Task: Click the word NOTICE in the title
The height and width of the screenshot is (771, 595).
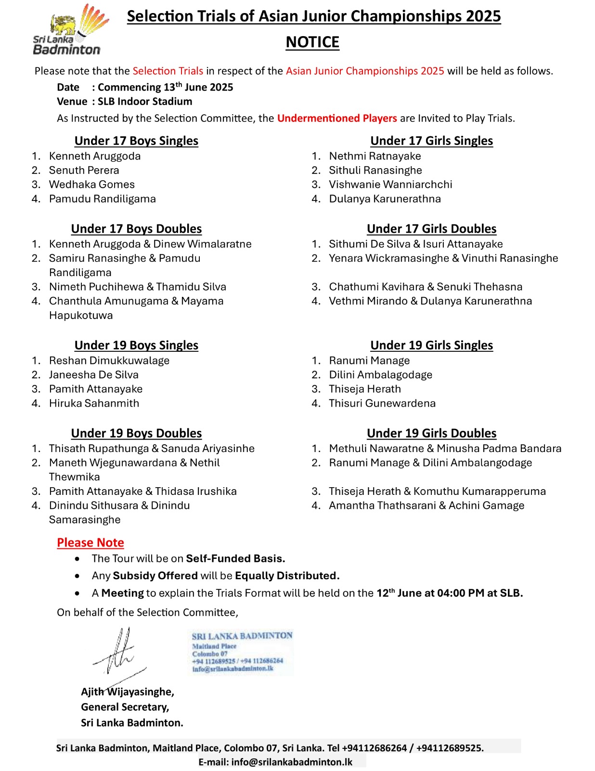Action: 312,42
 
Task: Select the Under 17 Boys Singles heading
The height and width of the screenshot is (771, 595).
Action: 136,141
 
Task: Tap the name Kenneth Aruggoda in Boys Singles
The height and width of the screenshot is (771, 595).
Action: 95,156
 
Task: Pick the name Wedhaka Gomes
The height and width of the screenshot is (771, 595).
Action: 92,185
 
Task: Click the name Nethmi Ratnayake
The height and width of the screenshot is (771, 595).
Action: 375,156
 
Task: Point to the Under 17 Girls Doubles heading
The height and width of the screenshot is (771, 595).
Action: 431,229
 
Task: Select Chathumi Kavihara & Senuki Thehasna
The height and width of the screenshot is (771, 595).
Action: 426,287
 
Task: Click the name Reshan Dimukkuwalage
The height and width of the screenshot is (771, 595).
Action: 109,360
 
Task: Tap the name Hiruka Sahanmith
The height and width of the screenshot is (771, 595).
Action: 94,403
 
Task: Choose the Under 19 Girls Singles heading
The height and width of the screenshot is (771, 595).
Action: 431,346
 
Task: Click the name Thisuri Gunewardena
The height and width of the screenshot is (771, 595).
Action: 382,403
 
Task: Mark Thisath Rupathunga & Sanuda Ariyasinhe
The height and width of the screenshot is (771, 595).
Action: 152,449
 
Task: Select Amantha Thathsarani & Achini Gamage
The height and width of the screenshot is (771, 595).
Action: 427,505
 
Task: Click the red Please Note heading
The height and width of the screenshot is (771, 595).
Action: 91,543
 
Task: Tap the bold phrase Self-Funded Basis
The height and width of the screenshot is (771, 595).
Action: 235,558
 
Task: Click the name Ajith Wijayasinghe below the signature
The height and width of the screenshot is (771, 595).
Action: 128,692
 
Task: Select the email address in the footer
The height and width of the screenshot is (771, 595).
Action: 292,762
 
